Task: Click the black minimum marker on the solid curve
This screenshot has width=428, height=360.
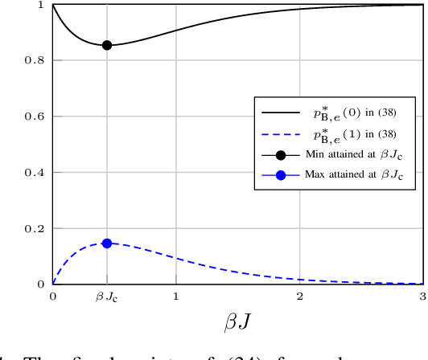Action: pyautogui.click(x=106, y=45)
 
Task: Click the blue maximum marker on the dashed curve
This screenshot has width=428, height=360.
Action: pyautogui.click(x=106, y=243)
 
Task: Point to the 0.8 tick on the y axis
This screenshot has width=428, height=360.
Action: pyautogui.click(x=37, y=61)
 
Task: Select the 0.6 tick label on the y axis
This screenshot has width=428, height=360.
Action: pyautogui.click(x=37, y=117)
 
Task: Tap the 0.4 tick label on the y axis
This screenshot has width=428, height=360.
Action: pyautogui.click(x=37, y=173)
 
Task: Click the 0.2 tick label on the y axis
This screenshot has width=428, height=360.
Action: pyautogui.click(x=37, y=229)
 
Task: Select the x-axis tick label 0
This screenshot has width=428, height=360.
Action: pyautogui.click(x=52, y=297)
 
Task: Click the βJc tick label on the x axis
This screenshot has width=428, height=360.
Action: pyautogui.click(x=106, y=297)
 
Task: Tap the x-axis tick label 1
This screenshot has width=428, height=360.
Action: pyautogui.click(x=176, y=297)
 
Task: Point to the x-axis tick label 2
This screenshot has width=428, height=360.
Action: pyautogui.click(x=299, y=297)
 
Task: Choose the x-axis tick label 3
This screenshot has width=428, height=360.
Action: pyautogui.click(x=422, y=297)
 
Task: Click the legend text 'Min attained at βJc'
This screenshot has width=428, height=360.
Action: pyautogui.click(x=354, y=155)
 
